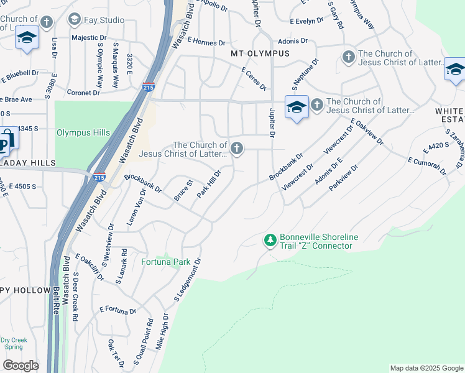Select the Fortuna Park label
pyautogui.click(x=166, y=262)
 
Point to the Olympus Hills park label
pyautogui.click(x=83, y=132)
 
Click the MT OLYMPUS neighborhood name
pyautogui.click(x=260, y=53)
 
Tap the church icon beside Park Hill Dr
pyautogui.click(x=236, y=148)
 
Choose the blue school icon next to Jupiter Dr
pyautogui.click(x=297, y=107)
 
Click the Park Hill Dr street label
pyautogui.click(x=209, y=184)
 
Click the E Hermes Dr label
pyautogui.click(x=205, y=43)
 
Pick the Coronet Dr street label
pyautogui.click(x=83, y=93)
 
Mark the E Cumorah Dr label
pyautogui.click(x=427, y=166)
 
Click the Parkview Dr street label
pyautogui.click(x=346, y=178)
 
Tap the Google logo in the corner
pyautogui.click(x=21, y=365)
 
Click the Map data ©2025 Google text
pyautogui.click(x=426, y=368)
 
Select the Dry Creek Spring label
pyautogui.click(x=12, y=343)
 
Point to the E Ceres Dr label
pyautogui.click(x=254, y=79)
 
